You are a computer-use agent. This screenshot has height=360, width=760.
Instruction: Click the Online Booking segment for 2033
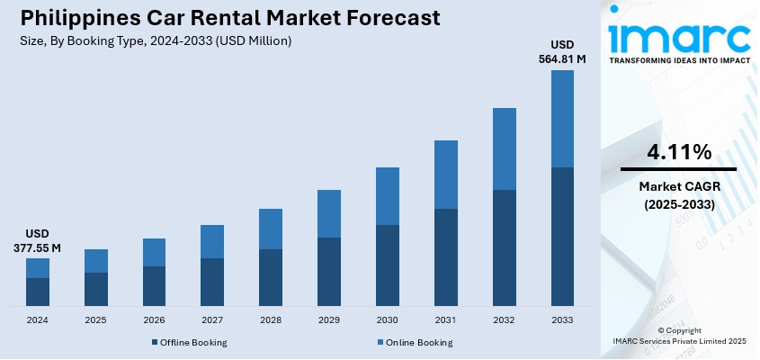[562, 119]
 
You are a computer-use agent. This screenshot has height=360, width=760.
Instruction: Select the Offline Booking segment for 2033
[562, 236]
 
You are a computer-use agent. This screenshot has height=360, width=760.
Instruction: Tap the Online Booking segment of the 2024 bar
[38, 268]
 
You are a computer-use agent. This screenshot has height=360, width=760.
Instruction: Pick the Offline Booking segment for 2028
[271, 277]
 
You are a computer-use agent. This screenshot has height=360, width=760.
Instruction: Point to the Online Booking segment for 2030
[388, 196]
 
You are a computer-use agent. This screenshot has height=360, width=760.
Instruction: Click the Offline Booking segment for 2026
[154, 285]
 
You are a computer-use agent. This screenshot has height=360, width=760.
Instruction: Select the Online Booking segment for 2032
[504, 148]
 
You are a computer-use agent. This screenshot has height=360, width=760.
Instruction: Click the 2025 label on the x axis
[95, 320]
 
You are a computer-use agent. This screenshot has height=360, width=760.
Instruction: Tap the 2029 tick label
[329, 320]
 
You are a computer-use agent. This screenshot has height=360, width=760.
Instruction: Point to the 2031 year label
[445, 320]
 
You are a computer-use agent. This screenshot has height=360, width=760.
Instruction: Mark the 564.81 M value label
[562, 59]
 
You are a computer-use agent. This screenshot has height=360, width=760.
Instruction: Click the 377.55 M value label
[38, 247]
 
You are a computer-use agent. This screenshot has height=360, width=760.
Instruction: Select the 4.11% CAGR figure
[678, 152]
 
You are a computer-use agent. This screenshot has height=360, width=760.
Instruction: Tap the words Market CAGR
[678, 186]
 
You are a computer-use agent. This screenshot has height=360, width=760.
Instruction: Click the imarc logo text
[679, 36]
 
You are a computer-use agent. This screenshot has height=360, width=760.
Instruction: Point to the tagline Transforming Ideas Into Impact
[679, 62]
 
